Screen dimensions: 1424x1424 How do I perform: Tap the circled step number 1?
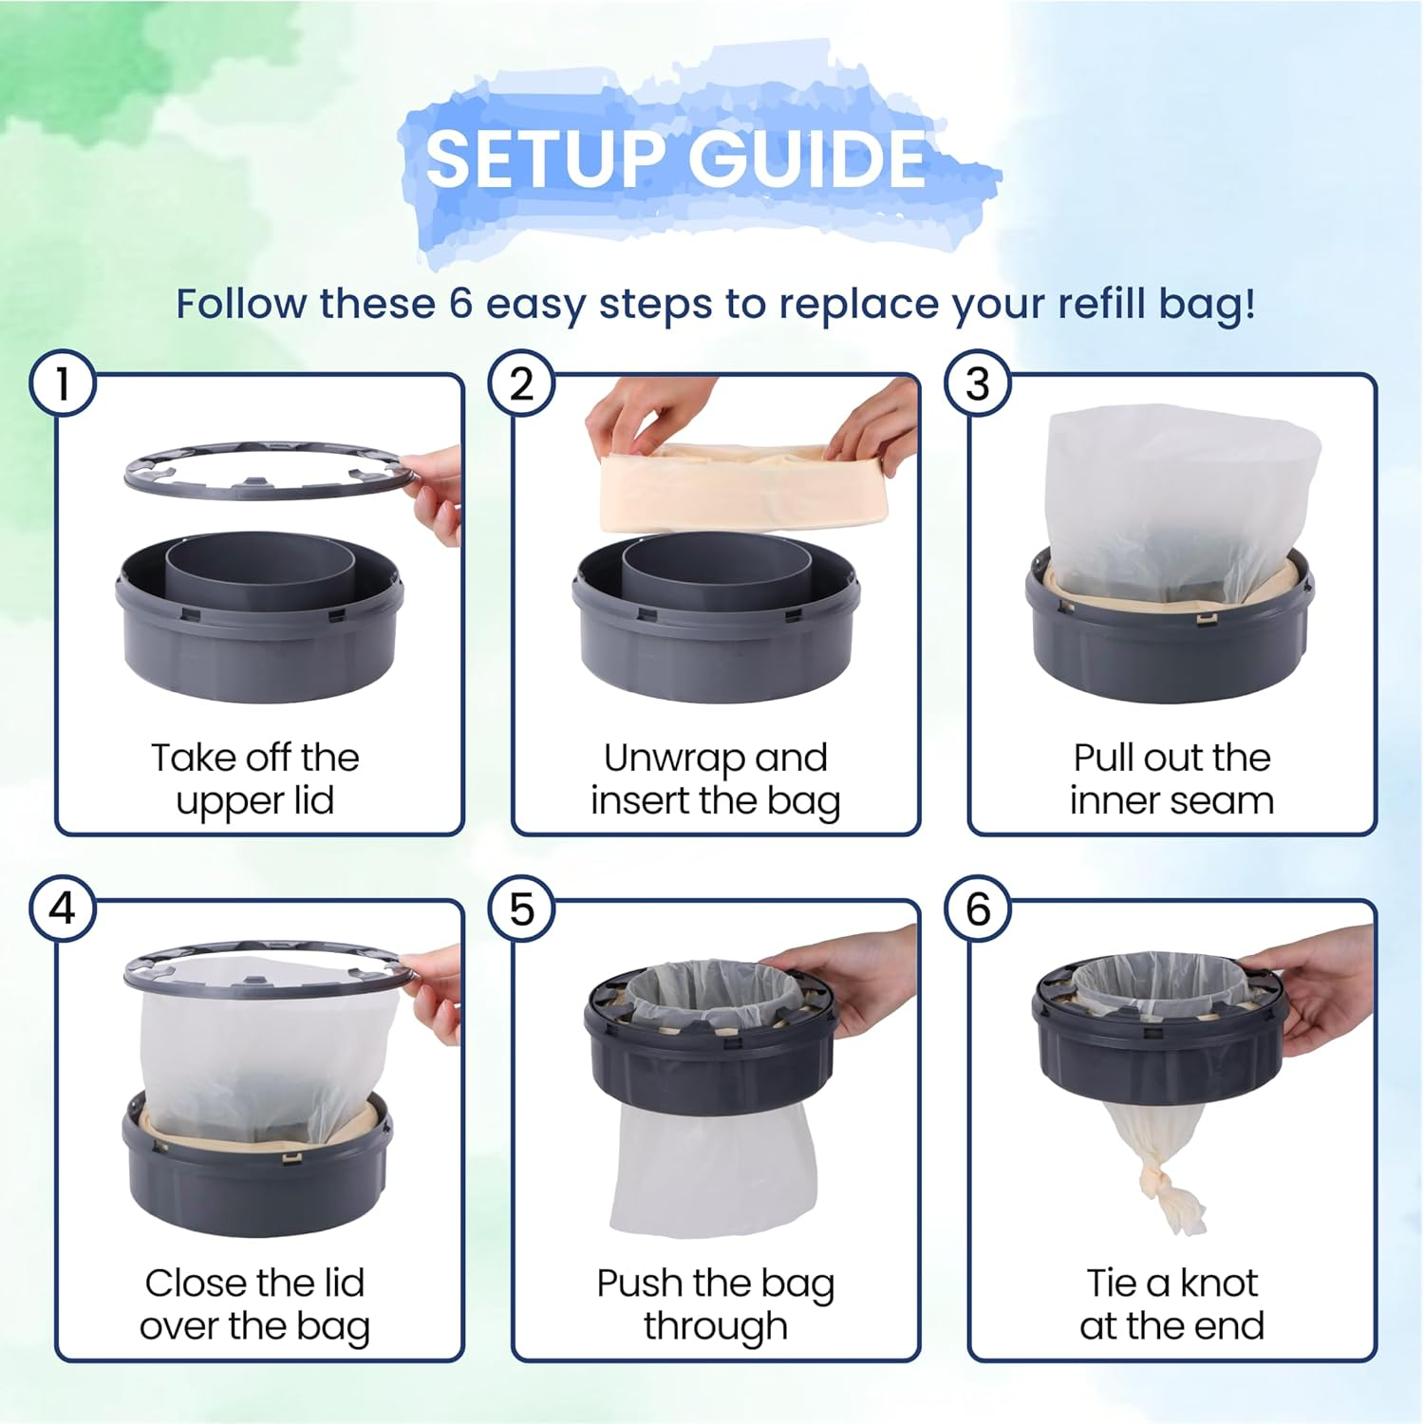63,384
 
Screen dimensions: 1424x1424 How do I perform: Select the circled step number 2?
521,384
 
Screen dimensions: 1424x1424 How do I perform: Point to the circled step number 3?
978,384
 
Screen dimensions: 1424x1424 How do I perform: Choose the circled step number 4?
63,909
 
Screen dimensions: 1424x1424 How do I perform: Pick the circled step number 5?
521,909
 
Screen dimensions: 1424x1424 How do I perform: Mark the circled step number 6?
978,909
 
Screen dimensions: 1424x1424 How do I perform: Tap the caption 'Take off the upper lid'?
255,779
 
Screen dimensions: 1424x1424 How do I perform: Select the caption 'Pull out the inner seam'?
1171,779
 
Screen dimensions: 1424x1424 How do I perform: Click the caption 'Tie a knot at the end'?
1171,1304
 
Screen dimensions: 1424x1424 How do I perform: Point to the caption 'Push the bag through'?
715,1304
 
